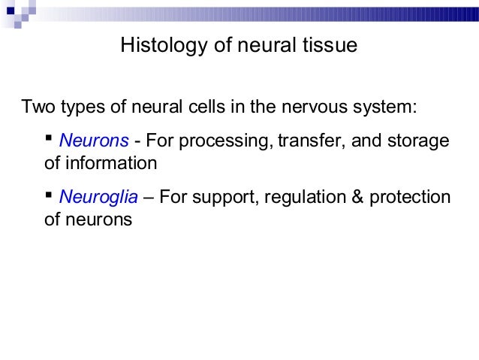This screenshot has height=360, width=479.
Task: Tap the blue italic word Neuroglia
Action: [98, 198]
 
